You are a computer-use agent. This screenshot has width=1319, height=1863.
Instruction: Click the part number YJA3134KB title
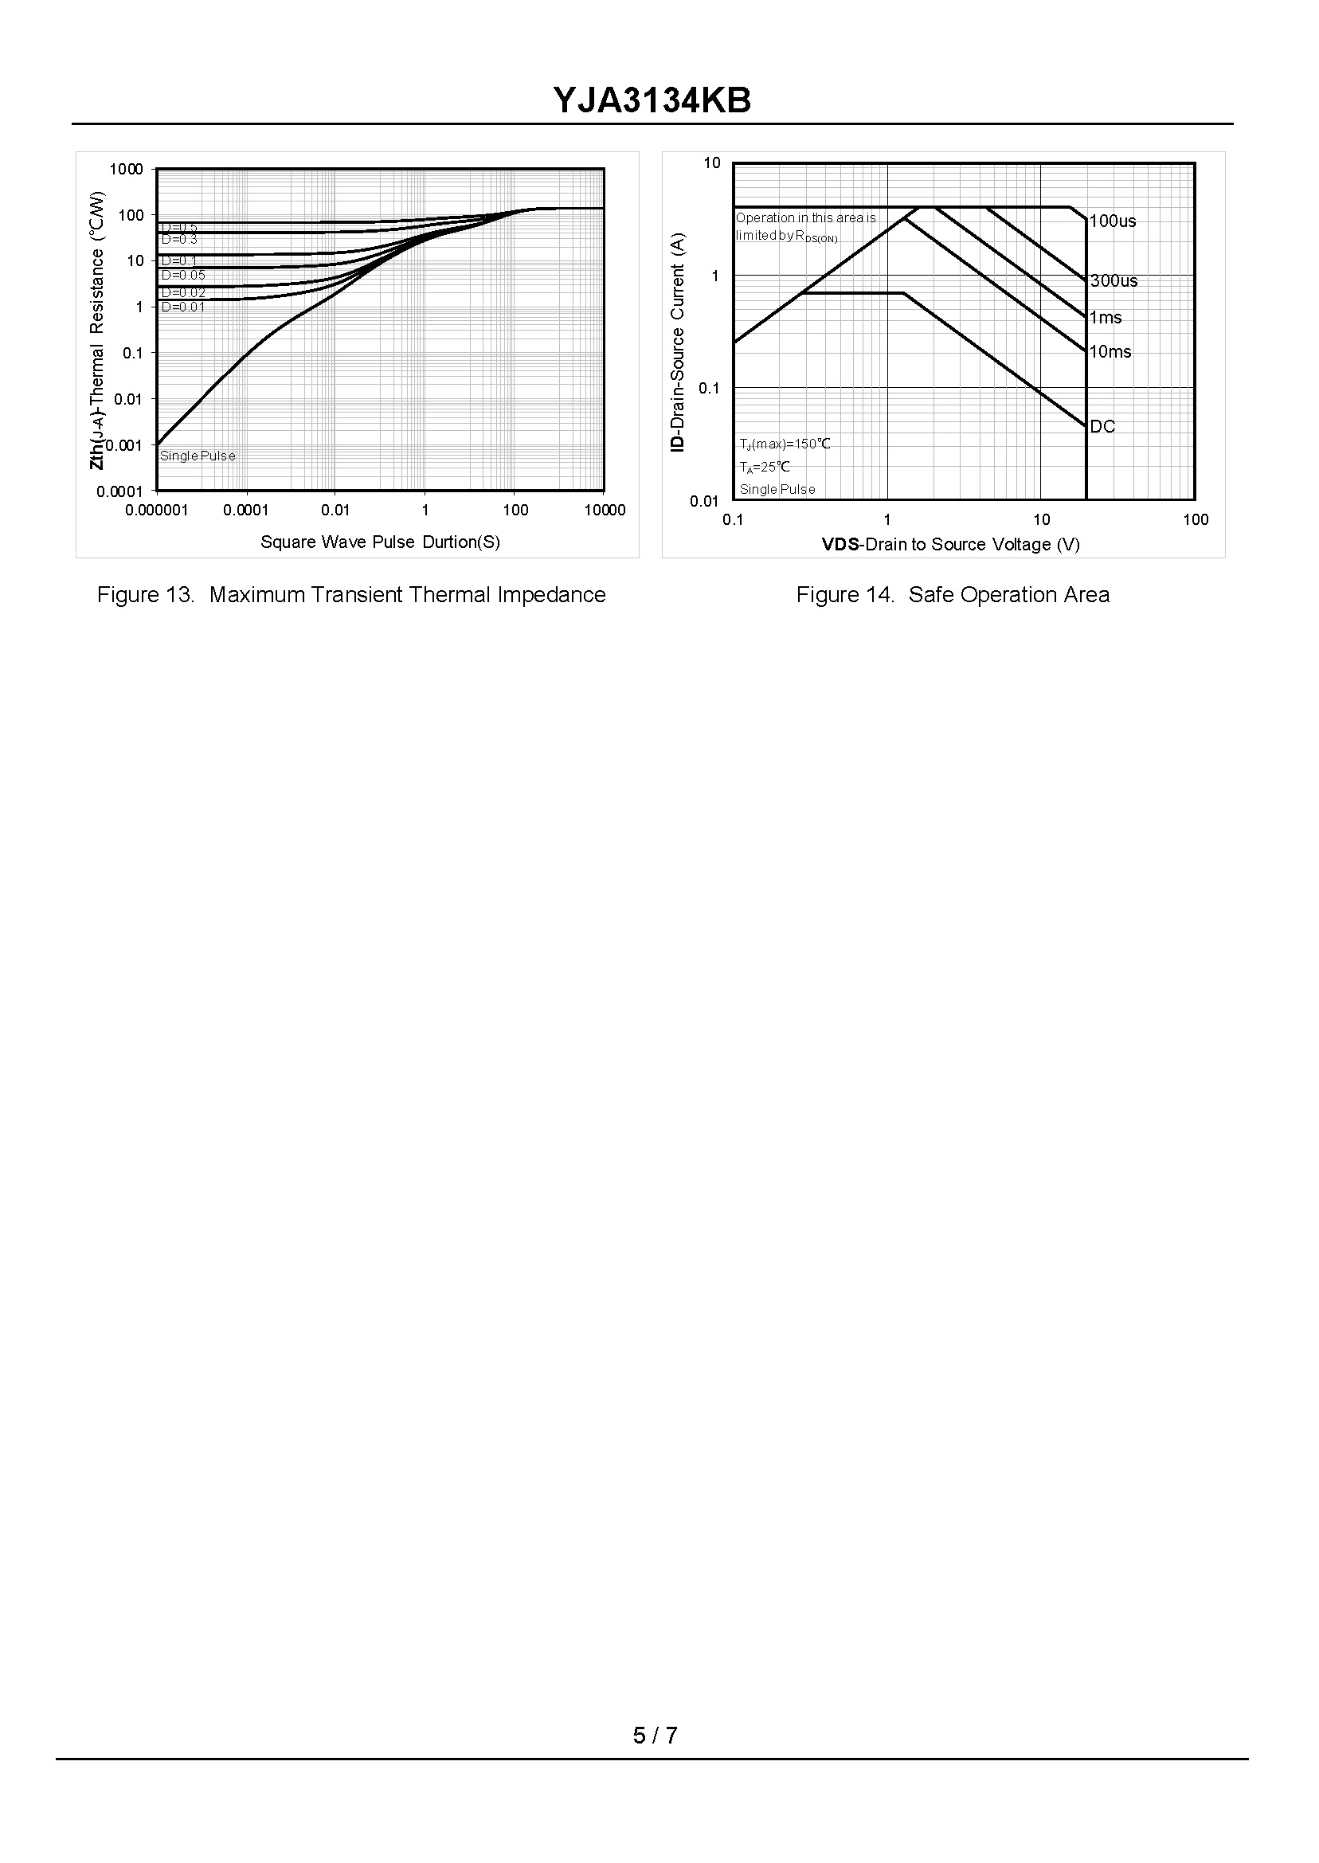point(652,100)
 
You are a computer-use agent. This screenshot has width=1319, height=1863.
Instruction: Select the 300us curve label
point(1114,281)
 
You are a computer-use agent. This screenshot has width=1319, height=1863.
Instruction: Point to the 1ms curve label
point(1106,318)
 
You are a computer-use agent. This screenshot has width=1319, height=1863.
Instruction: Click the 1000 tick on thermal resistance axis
point(126,169)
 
